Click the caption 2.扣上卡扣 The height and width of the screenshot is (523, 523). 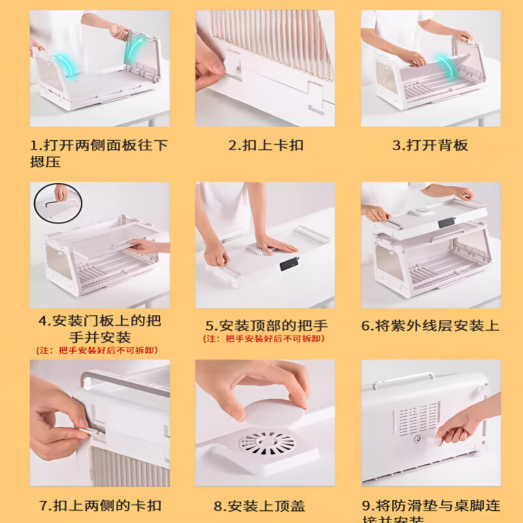[265, 145]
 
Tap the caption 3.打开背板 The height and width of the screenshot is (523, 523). [430, 145]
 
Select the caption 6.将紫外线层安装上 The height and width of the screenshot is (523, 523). [430, 326]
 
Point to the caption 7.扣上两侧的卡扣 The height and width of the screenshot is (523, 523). [100, 505]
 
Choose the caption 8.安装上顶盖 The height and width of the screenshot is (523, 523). [260, 506]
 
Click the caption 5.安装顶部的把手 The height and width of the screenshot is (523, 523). [266, 326]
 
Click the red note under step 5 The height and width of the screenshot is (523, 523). [264, 338]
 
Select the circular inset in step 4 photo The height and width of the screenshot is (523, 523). [58, 203]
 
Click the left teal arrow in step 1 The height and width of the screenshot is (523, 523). [64, 66]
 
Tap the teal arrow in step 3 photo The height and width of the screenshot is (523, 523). [448, 67]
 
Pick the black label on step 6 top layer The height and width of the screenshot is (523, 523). [448, 222]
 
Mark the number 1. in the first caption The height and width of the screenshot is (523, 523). [36, 145]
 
